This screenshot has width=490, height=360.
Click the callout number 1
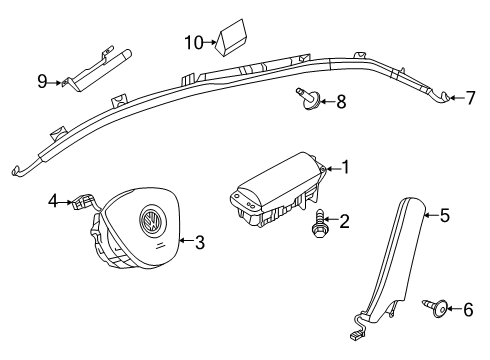click(x=346, y=167)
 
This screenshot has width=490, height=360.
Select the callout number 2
click(x=345, y=221)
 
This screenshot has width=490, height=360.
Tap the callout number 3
click(x=200, y=242)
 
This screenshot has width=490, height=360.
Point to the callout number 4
click(x=53, y=201)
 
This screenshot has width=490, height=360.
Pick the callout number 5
click(x=445, y=215)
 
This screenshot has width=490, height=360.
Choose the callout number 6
click(x=468, y=310)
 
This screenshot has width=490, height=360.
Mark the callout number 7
click(x=470, y=98)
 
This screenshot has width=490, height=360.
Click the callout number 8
click(x=341, y=101)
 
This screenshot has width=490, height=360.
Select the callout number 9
click(x=42, y=81)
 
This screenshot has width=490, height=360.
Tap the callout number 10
click(x=194, y=43)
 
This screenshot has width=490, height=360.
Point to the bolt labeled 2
click(x=318, y=223)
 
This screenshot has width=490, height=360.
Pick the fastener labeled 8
click(x=309, y=99)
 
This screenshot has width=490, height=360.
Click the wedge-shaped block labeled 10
click(x=231, y=37)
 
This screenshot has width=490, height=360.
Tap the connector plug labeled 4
click(x=82, y=202)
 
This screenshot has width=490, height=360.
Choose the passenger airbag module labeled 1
click(x=278, y=191)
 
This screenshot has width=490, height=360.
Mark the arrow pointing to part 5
click(x=432, y=215)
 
